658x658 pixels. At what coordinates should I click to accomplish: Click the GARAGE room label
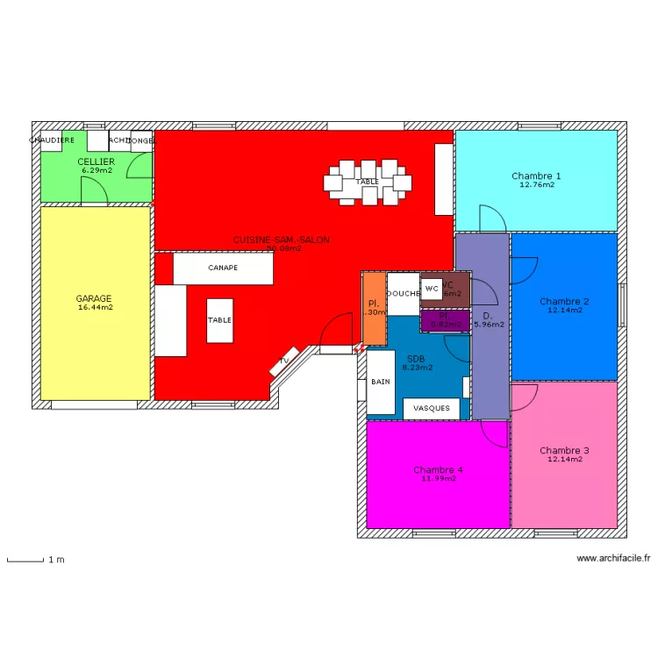coord(94,298)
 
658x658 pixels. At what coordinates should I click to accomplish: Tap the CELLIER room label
coord(96,161)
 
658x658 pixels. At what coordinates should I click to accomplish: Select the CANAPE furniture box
coord(223,268)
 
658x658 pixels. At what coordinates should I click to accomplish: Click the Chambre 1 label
coord(536,176)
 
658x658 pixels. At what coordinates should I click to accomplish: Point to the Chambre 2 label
coord(564,301)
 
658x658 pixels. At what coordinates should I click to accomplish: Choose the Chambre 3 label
coord(564,450)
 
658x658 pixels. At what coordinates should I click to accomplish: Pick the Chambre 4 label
coord(438,470)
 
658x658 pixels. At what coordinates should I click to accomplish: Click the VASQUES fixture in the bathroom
coord(432,408)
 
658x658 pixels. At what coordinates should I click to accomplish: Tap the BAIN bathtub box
coord(381,383)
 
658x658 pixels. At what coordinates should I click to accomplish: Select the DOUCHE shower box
coord(404,294)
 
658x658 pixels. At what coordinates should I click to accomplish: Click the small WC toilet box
coord(432,288)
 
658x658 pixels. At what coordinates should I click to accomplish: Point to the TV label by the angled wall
coord(284,361)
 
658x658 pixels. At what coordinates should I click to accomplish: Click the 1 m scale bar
coord(25,559)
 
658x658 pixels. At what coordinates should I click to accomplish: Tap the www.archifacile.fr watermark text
coord(613,558)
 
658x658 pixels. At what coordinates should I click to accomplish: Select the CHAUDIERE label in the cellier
coord(53,140)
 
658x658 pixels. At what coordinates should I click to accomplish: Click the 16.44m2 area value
coord(95,308)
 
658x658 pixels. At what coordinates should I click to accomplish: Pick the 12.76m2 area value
coord(536,185)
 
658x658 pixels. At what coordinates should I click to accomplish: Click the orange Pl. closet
coord(374,308)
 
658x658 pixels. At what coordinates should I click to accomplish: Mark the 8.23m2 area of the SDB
coord(417,368)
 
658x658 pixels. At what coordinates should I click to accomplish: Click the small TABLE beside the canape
coord(219,321)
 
